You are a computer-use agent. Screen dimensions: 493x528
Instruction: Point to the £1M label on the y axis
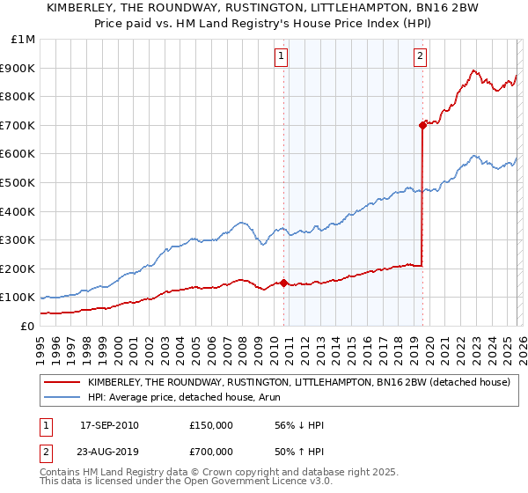(24, 39)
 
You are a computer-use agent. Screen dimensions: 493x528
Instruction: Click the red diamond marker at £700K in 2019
(422, 125)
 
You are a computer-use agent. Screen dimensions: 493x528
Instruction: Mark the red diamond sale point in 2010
(284, 283)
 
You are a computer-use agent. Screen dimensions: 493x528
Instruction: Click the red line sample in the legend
(62, 383)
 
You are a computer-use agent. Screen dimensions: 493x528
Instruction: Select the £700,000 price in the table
(211, 453)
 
